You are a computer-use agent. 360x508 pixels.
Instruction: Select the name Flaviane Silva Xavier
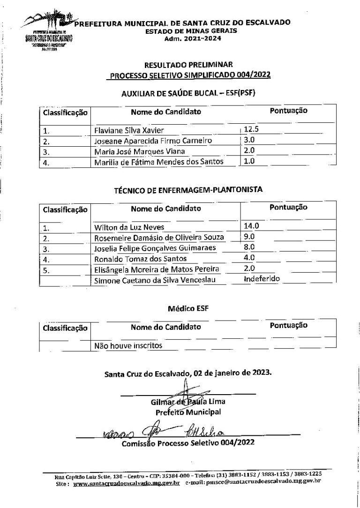[x=129, y=130]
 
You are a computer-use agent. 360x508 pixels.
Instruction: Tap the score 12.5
[x=252, y=129]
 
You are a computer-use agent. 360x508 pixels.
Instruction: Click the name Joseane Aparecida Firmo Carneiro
[x=153, y=141]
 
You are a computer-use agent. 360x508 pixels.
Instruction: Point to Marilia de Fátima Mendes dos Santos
[x=158, y=162]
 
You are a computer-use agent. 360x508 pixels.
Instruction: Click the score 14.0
[x=252, y=226]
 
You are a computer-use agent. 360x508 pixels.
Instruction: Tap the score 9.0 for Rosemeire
[x=249, y=237]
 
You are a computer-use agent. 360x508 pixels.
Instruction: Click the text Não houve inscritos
[x=128, y=346]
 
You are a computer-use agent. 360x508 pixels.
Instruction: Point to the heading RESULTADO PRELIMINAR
[x=188, y=65]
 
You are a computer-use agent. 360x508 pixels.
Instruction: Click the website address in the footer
[x=127, y=483]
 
